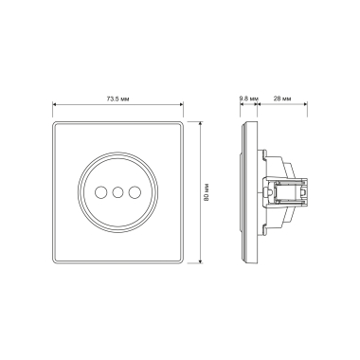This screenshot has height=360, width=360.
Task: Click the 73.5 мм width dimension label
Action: (117, 99)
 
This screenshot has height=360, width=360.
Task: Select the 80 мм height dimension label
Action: (207, 191)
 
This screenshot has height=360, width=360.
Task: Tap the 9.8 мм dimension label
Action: (249, 99)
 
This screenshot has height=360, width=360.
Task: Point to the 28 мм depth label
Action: (282, 99)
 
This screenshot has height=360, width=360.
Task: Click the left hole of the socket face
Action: (100, 191)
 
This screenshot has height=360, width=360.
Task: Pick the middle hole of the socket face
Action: (117, 191)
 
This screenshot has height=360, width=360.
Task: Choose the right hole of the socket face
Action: (135, 191)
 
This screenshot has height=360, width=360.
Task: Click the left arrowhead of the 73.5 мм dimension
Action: (54, 104)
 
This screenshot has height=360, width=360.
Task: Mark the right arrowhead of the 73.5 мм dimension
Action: (181, 104)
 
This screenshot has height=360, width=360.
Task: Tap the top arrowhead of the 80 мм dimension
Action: (200, 123)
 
